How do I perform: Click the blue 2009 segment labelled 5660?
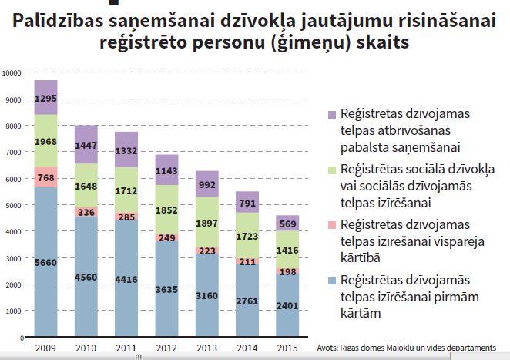(45, 262)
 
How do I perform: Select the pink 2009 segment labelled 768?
(45, 177)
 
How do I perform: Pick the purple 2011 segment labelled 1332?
(126, 150)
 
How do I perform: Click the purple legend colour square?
(332, 114)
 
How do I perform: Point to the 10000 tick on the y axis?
(13, 72)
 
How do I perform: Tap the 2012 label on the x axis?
(166, 348)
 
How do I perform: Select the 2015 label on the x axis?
(286, 348)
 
